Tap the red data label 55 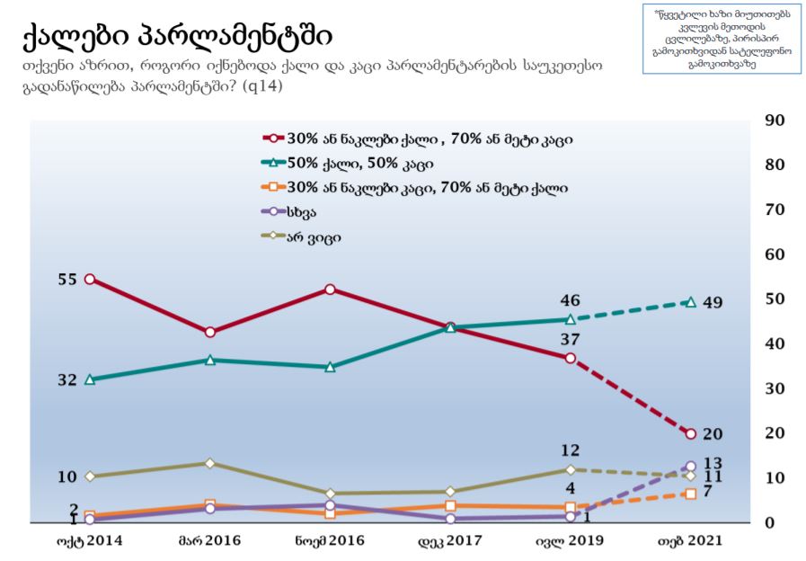(68, 280)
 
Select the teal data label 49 (713, 302)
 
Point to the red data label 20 (713, 434)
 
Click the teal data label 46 (570, 300)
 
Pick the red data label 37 (570, 340)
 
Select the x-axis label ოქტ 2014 (90, 541)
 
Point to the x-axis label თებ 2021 (690, 541)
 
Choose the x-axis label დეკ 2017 (450, 541)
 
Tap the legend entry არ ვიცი (313, 237)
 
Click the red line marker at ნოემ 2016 (331, 289)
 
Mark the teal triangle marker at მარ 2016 (210, 360)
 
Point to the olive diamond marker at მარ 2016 (210, 463)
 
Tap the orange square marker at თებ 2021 (690, 494)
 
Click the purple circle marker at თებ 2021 (690, 467)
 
